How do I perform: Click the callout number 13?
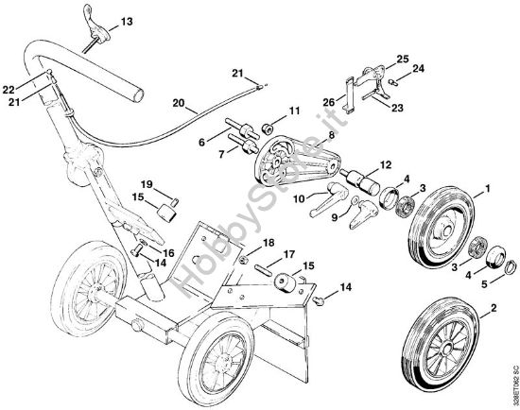tap(127, 21)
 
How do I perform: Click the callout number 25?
tap(402, 60)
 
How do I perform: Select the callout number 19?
tap(146, 183)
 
